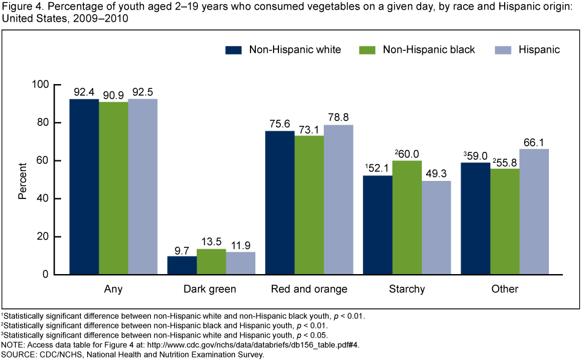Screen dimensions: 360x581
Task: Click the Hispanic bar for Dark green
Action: pos(240,263)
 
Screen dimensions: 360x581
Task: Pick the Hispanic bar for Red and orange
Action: pos(338,200)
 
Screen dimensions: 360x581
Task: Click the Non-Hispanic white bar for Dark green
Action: pos(182,265)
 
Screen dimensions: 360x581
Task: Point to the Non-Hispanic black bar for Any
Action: pos(113,188)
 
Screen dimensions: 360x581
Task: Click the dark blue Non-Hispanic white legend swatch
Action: pos(233,50)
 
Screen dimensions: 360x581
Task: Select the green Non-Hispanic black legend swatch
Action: pos(367,50)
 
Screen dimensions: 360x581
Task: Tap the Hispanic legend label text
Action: pos(539,50)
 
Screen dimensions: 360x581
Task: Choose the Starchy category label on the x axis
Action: pos(407,289)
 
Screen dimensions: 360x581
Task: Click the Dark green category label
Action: pos(211,289)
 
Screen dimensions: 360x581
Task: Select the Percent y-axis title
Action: pos(22,180)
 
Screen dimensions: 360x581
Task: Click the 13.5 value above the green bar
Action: pos(211,241)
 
